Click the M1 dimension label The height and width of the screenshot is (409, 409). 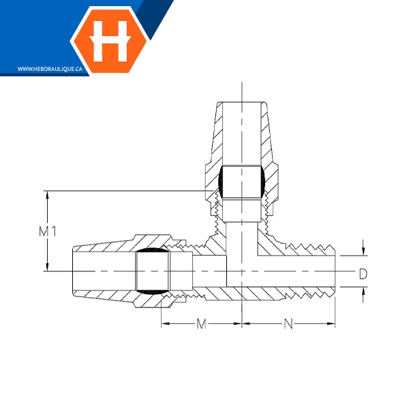48,231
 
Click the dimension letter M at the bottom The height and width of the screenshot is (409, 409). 201,324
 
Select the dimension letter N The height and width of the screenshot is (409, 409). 288,324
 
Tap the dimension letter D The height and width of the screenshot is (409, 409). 363,273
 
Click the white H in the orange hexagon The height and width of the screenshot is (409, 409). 110,41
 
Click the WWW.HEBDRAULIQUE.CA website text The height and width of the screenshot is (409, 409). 50,69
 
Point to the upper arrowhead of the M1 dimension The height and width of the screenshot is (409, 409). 47,195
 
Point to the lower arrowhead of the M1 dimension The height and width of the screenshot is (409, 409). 47,267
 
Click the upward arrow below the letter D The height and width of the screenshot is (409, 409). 363,294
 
